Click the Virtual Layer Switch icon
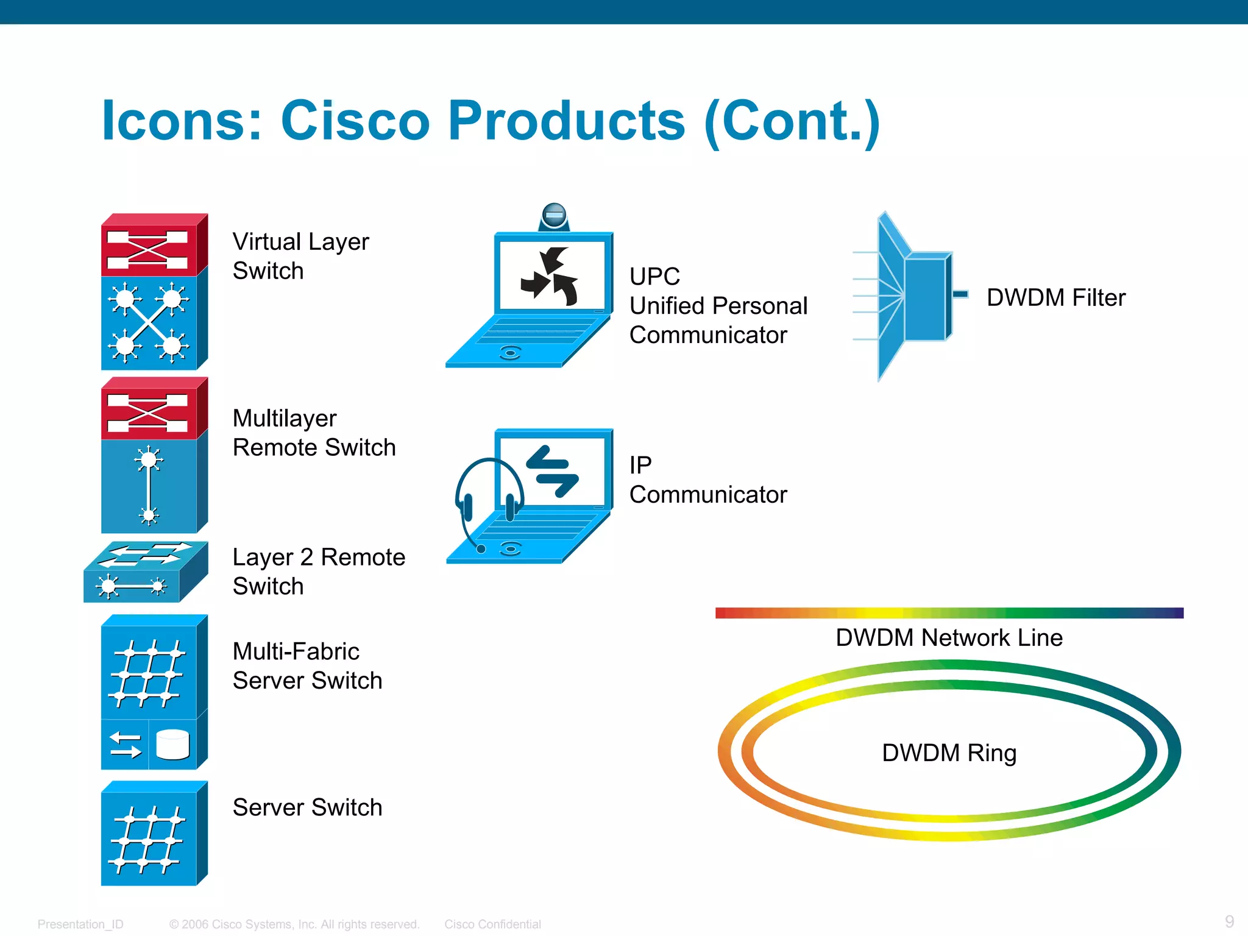tap(154, 292)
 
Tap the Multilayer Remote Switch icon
tap(154, 456)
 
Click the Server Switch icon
tap(154, 834)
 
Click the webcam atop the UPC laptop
tap(554, 216)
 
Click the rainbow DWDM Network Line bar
tap(949, 613)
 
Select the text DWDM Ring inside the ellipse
tap(949, 753)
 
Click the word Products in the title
tap(567, 120)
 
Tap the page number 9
tap(1229, 921)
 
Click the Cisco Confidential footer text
tap(492, 924)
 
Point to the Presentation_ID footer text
tap(80, 924)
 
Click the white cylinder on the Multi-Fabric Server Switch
tap(172, 745)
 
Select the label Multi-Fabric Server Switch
tap(307, 666)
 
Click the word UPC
tap(654, 277)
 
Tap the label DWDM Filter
tap(1055, 298)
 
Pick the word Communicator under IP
tap(708, 495)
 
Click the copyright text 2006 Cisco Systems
tap(294, 924)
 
